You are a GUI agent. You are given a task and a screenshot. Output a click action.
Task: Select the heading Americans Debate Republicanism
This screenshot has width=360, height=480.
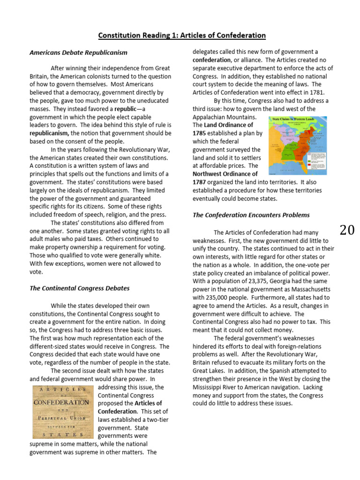[78, 52]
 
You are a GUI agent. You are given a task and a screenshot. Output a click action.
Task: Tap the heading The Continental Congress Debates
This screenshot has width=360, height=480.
[80, 288]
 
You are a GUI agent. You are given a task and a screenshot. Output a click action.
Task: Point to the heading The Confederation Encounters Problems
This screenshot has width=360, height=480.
[251, 215]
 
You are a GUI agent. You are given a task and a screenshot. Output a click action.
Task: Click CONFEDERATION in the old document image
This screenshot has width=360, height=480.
[61, 402]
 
